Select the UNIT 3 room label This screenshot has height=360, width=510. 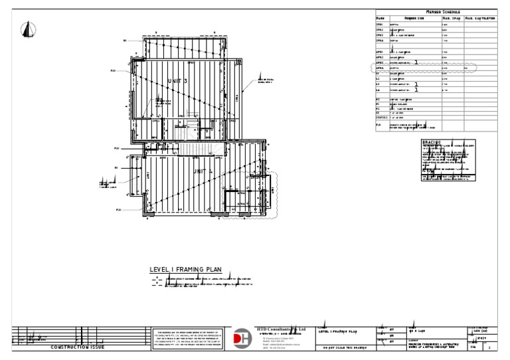(x=177, y=81)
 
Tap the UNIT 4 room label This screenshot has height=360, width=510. (x=201, y=171)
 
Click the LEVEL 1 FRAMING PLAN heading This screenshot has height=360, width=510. (x=185, y=270)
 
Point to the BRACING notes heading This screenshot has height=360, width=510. (x=431, y=141)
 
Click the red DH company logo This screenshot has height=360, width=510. (x=242, y=337)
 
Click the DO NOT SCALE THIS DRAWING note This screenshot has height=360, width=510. (x=344, y=347)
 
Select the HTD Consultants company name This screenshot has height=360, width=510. (x=281, y=329)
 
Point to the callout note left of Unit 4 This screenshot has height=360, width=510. (x=108, y=184)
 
